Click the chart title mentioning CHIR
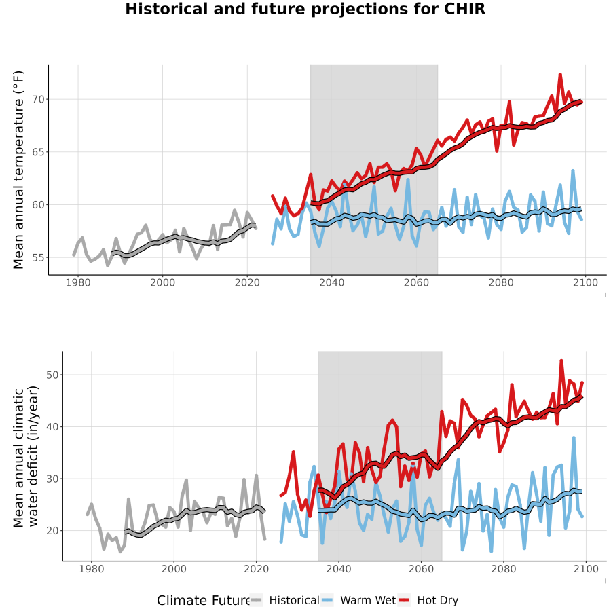pos(305,9)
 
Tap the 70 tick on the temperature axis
pos(39,99)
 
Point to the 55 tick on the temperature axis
pos(39,257)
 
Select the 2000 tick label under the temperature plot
pos(162,282)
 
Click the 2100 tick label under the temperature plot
pos(585,282)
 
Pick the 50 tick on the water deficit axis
pos(52,375)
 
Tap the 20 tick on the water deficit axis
pos(52,531)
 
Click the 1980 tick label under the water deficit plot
pos(92,569)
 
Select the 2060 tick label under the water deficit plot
pos(421,569)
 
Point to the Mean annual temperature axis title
pos(18,170)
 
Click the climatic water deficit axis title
pos(25,456)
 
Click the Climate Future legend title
pos(204,600)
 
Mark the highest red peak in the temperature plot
pos(560,74)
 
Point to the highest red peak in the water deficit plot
pos(561,360)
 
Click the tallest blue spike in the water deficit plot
pos(574,438)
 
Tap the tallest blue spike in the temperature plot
pos(573,170)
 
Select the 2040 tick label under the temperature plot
pos(331,282)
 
